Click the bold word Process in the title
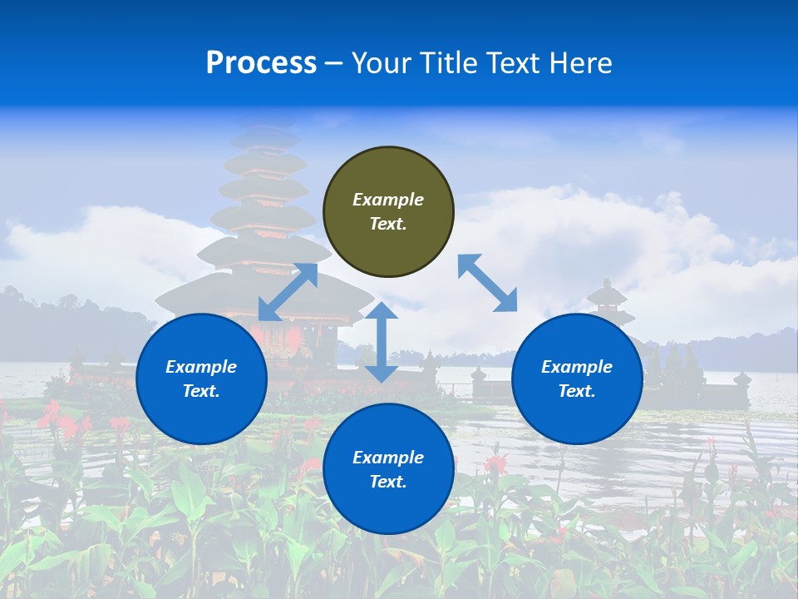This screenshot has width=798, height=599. point(261,63)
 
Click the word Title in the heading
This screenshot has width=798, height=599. point(445,63)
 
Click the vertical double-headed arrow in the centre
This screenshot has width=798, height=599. point(382,342)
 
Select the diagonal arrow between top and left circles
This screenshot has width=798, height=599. point(288,292)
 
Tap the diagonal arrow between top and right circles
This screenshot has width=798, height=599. point(487,283)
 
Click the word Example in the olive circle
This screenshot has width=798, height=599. point(388,200)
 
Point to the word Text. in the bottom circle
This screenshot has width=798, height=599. point(388,482)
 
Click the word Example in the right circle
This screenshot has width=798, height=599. point(577,367)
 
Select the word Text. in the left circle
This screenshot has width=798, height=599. point(201,391)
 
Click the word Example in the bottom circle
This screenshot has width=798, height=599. point(388,458)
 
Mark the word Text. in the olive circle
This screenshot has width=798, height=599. point(388,224)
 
